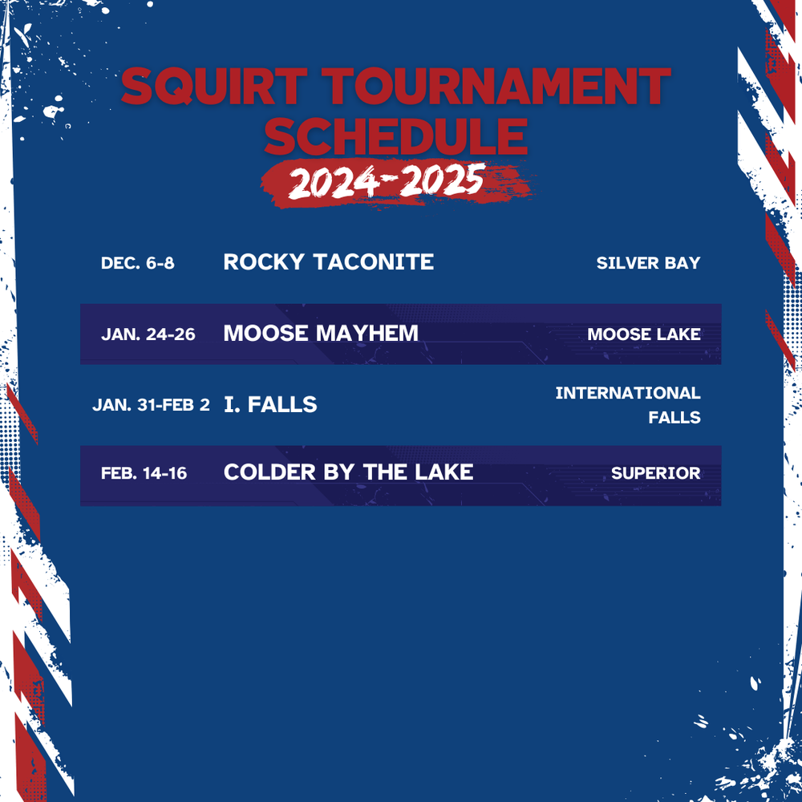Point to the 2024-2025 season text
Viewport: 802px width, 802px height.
tap(386, 184)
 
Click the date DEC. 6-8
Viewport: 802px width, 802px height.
tap(137, 263)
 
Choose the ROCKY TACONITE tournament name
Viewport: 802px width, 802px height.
tap(328, 261)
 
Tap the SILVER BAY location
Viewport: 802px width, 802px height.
tap(648, 263)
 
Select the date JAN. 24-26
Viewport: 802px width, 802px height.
tap(148, 334)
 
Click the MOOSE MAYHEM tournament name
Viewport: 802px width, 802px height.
tap(321, 333)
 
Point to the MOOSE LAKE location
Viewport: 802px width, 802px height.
tap(643, 334)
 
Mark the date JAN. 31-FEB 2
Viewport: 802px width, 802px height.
tap(151, 405)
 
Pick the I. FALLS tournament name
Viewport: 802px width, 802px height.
tap(270, 404)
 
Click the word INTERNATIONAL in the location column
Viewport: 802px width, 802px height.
tap(627, 393)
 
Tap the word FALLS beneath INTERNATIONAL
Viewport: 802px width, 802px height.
tap(674, 417)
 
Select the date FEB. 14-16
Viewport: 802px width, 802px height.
tap(144, 473)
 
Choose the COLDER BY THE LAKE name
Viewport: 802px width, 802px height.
tap(348, 472)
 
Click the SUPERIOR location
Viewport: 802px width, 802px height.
tap(655, 473)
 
